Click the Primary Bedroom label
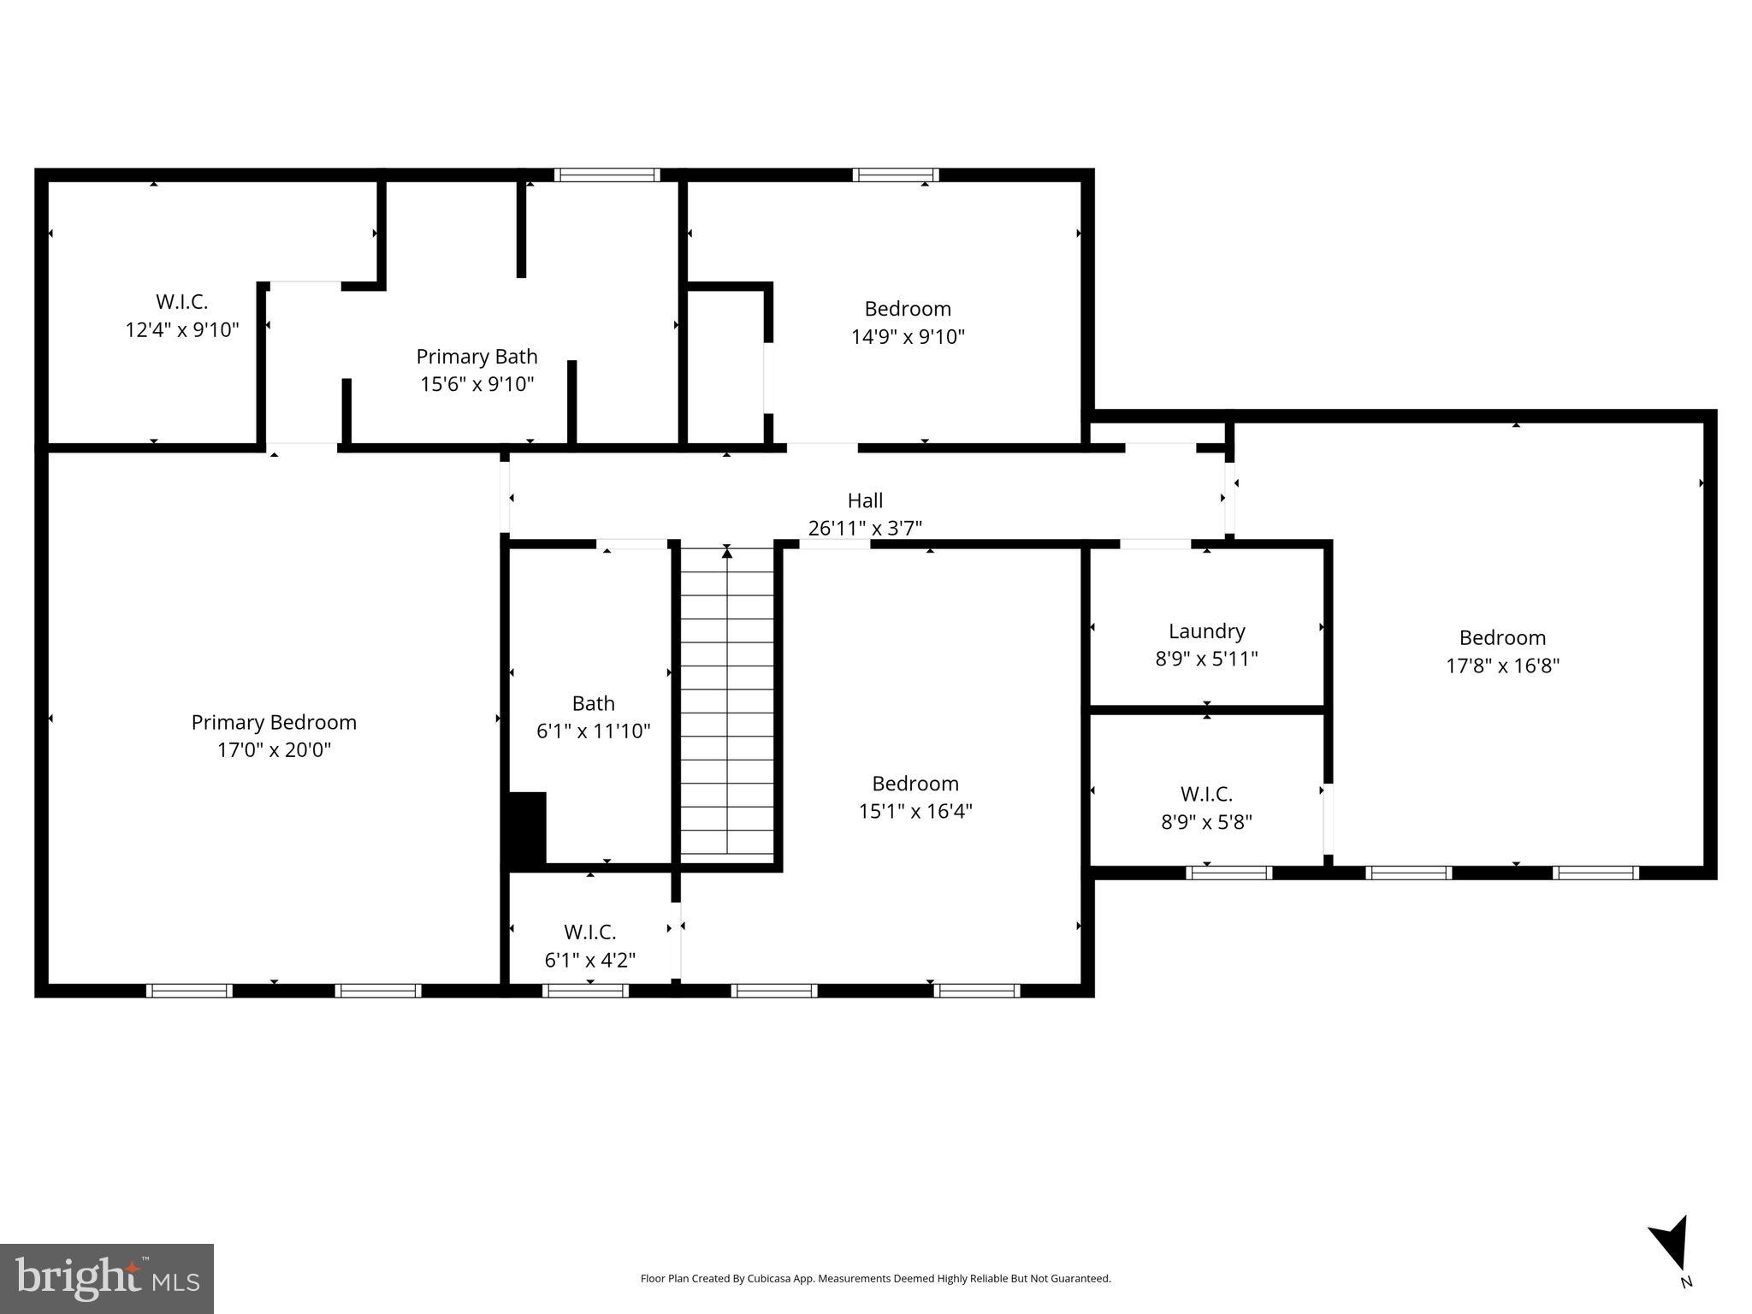[274, 722]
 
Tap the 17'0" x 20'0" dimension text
[274, 750]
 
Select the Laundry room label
[1206, 631]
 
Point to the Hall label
[865, 500]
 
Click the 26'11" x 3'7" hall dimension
[865, 529]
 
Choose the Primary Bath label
[476, 356]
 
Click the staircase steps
[727, 701]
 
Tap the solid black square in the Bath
[528, 827]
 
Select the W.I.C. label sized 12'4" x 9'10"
[181, 301]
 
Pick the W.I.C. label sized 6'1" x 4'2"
[589, 932]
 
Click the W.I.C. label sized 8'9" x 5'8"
[1206, 794]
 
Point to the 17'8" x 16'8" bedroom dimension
[1502, 666]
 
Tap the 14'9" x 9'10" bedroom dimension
[908, 337]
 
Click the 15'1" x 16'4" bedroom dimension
[915, 811]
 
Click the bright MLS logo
[107, 1278]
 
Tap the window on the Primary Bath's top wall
[607, 175]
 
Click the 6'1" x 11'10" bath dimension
[593, 731]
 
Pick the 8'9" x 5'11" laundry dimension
[1206, 660]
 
